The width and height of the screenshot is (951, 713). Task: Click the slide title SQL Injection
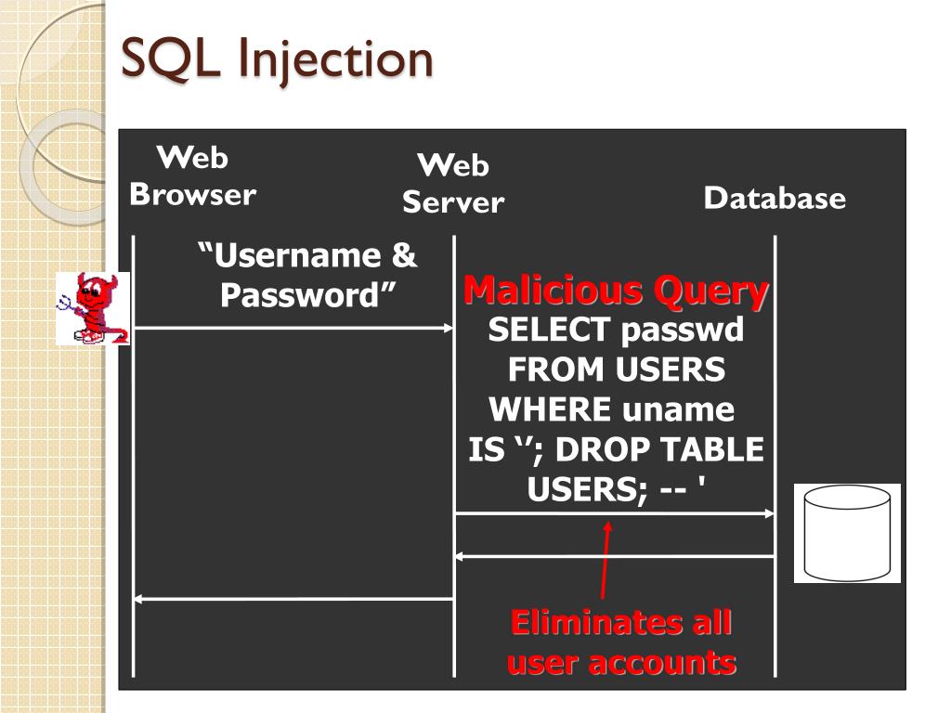(278, 59)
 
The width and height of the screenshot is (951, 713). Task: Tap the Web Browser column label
(192, 175)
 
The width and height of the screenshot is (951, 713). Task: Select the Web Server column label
(453, 183)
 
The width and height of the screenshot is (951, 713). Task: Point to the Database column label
(775, 198)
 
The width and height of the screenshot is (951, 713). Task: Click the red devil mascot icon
(92, 308)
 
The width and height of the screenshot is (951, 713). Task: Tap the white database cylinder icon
(847, 533)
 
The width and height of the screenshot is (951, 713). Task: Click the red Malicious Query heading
(616, 291)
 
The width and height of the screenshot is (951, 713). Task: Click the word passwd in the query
(682, 330)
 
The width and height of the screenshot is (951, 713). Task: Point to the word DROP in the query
(598, 450)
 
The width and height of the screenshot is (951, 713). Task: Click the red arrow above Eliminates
(606, 558)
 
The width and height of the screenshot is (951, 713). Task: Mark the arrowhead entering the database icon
(769, 513)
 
